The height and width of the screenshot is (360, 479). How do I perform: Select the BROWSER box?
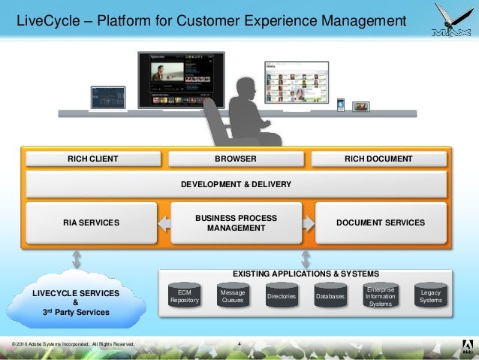click(236, 159)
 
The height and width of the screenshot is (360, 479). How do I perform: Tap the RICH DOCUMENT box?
click(378, 159)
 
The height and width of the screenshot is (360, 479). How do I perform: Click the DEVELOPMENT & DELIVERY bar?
click(236, 184)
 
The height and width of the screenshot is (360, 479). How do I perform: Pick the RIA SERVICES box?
click(91, 222)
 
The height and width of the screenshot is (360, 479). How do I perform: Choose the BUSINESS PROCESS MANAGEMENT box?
click(236, 222)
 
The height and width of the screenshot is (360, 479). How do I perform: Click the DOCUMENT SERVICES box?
click(380, 222)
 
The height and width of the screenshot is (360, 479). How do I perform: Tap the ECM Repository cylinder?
click(184, 296)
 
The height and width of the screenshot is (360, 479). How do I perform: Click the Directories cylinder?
click(282, 296)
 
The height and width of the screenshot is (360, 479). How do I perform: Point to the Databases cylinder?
click(330, 296)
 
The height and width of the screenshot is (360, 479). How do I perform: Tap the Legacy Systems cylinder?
click(430, 296)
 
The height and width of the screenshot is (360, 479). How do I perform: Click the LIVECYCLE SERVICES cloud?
click(75, 301)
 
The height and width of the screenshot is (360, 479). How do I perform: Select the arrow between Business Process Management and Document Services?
click(308, 222)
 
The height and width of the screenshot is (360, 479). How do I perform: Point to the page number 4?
click(238, 345)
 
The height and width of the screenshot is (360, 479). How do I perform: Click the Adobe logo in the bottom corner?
click(465, 346)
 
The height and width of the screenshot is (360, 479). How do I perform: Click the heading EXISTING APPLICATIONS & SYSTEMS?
click(306, 274)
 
